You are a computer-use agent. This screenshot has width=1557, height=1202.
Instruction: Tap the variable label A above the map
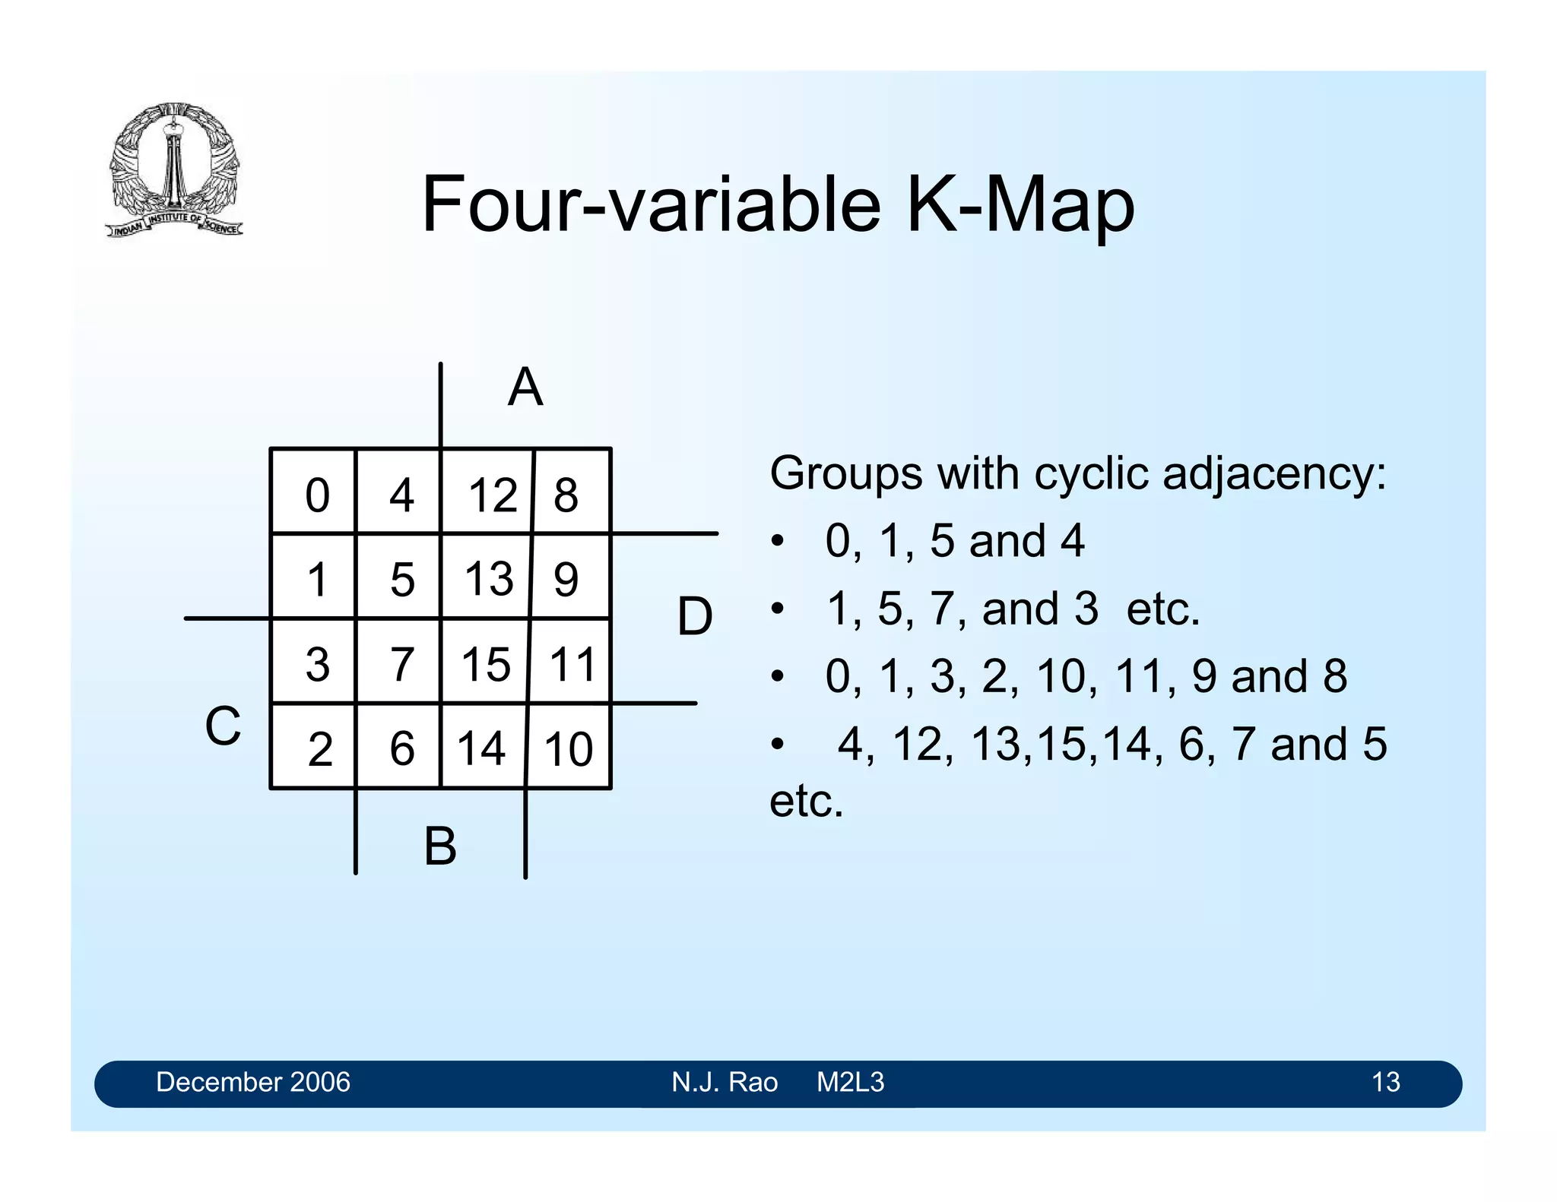pyautogui.click(x=525, y=387)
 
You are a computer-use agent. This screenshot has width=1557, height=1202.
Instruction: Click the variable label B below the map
pyautogui.click(x=440, y=846)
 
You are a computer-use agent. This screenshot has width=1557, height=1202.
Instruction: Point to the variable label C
pyautogui.click(x=223, y=726)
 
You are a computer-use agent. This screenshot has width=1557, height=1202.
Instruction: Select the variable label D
pyautogui.click(x=695, y=616)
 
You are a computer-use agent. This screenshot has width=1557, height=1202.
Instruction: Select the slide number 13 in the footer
pyautogui.click(x=1385, y=1082)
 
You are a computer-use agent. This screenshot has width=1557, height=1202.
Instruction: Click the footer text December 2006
pyautogui.click(x=253, y=1082)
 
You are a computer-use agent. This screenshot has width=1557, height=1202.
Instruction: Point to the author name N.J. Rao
pyautogui.click(x=725, y=1082)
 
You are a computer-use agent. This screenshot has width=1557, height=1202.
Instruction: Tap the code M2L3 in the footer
pyautogui.click(x=850, y=1082)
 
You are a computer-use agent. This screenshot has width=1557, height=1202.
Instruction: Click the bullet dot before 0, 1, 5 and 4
pyautogui.click(x=776, y=542)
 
